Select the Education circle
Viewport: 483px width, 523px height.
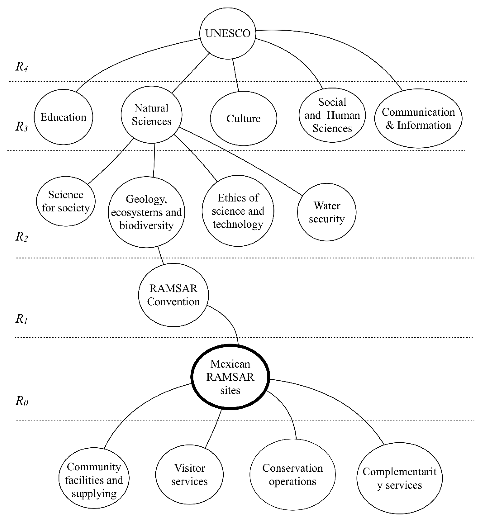coord(63,117)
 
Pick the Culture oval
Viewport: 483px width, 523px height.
coord(243,119)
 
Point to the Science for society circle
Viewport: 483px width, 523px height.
coord(66,201)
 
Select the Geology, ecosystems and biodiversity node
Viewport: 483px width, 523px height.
coord(146,212)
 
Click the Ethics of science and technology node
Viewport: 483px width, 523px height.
coord(238,211)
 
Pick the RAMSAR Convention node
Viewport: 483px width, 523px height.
coord(173,295)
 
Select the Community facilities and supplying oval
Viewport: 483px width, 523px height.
coord(94,480)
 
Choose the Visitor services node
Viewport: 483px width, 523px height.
coord(189,475)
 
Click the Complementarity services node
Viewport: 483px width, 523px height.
coord(399,478)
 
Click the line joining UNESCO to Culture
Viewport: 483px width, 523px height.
coord(235,75)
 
